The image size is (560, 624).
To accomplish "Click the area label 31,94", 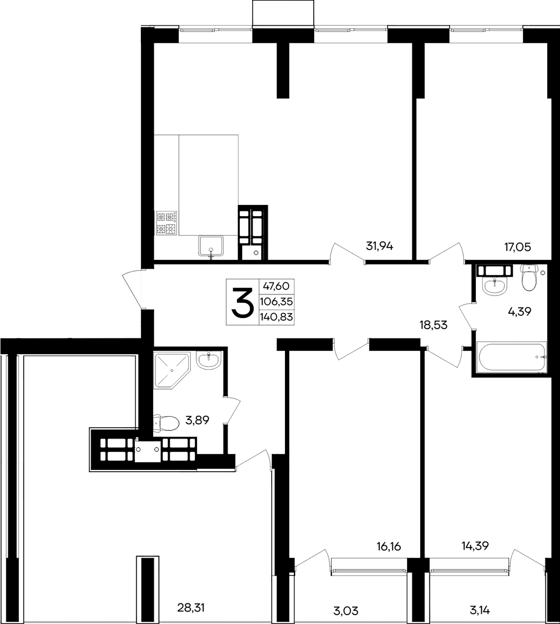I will pyautogui.click(x=379, y=246).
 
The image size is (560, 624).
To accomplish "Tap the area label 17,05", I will pyautogui.click(x=517, y=247).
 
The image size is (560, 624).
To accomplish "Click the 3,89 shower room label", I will pyautogui.click(x=197, y=421).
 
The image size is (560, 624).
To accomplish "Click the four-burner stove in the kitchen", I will pyautogui.click(x=167, y=223).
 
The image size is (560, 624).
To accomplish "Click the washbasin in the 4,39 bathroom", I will pyautogui.click(x=493, y=285).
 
